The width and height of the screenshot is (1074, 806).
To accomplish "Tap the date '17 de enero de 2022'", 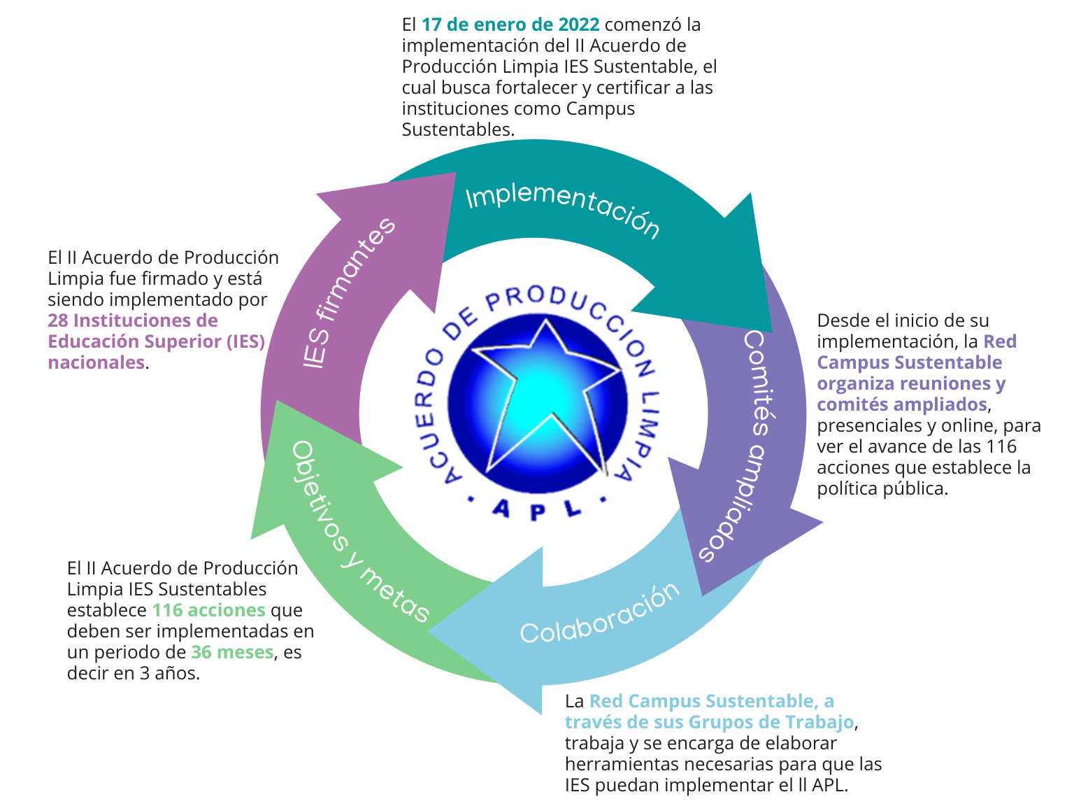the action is (510, 24).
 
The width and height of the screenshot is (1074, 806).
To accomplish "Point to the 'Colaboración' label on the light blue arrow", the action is (600, 614).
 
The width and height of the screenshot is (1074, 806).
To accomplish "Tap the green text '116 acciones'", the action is (209, 610).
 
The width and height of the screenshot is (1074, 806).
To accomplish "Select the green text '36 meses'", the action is (232, 652).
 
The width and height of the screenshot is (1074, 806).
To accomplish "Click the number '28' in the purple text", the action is (58, 320).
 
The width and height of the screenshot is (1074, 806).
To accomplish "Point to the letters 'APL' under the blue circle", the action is (537, 510).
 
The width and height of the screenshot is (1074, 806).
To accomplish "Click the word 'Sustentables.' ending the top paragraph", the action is (458, 129).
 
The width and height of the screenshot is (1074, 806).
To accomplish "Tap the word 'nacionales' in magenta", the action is (96, 362).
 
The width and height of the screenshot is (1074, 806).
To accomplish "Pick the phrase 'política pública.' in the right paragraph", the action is (882, 489).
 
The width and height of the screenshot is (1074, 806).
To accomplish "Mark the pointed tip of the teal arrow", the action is (772, 332).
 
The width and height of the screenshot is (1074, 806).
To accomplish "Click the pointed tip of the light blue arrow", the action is (429, 631).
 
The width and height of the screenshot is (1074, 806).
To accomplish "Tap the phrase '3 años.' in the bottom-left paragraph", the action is (170, 673).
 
